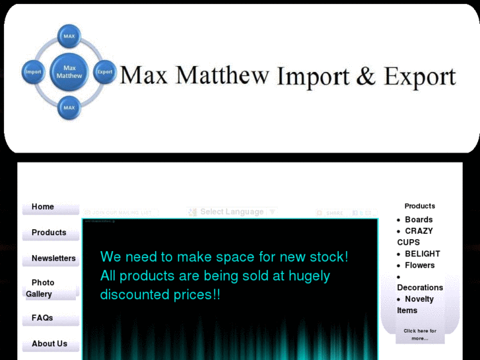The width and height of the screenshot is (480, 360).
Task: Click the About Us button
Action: tap(50, 344)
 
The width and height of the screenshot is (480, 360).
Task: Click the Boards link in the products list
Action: tap(419, 220)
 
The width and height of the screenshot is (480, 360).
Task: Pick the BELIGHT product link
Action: tap(422, 254)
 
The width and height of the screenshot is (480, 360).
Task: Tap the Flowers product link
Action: tap(420, 266)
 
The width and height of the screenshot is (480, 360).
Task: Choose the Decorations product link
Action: tap(420, 287)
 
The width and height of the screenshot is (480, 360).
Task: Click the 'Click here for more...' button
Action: tap(420, 335)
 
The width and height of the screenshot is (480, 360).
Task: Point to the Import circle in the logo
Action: tap(34, 72)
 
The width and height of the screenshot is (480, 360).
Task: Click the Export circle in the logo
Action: tap(105, 72)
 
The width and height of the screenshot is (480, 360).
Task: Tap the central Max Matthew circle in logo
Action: tap(69, 72)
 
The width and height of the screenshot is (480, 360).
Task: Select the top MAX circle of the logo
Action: tap(69, 36)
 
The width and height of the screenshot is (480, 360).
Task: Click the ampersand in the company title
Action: tap(365, 77)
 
